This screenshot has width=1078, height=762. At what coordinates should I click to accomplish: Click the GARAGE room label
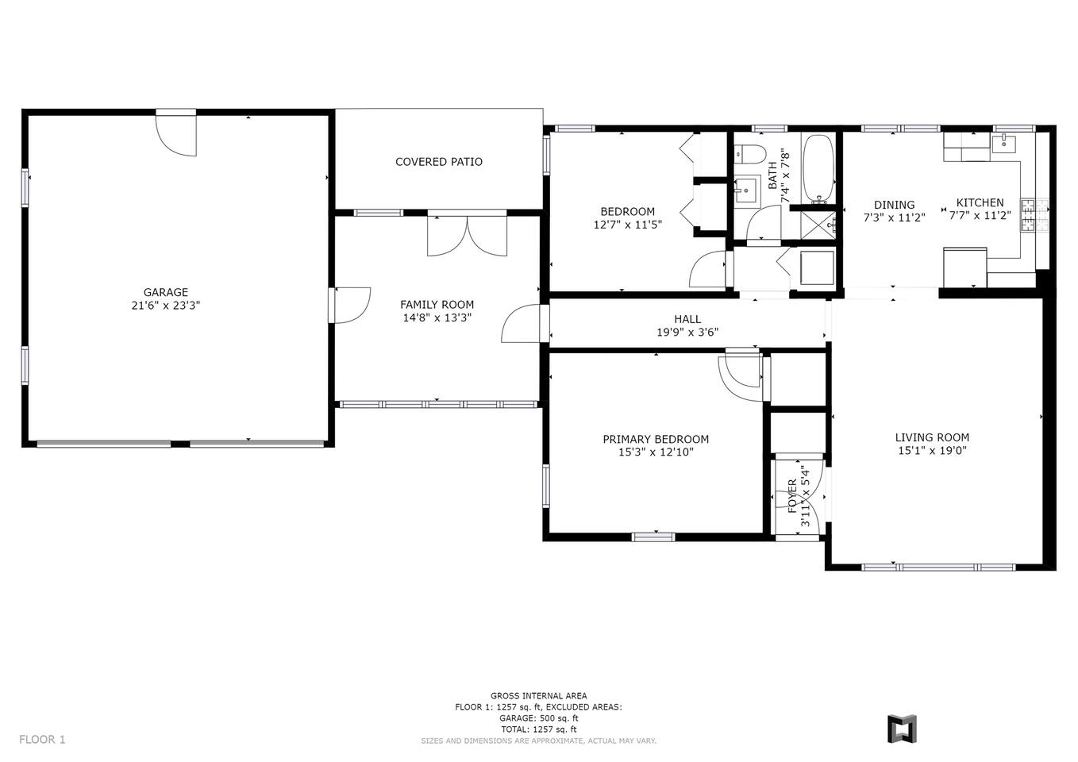click(x=166, y=292)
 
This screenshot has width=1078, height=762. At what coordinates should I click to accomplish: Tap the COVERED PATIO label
click(x=439, y=162)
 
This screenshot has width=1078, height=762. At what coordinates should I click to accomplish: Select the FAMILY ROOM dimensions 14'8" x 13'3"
click(x=437, y=317)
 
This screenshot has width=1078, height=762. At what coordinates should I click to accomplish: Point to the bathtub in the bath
click(x=818, y=168)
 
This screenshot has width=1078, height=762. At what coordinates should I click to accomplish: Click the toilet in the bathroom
click(x=750, y=153)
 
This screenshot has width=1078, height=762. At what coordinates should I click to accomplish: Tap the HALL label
click(x=687, y=319)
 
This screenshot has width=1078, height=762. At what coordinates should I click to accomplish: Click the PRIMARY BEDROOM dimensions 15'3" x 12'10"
click(x=656, y=452)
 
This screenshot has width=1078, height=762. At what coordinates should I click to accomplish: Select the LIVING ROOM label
click(x=932, y=437)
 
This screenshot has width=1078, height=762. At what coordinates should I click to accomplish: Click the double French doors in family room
click(x=467, y=235)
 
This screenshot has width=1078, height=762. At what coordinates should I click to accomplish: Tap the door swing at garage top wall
click(x=176, y=135)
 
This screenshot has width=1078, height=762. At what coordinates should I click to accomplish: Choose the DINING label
click(x=894, y=205)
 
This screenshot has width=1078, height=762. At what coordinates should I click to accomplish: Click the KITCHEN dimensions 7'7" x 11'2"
click(x=980, y=215)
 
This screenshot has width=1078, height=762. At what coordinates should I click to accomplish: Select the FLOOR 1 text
click(x=42, y=740)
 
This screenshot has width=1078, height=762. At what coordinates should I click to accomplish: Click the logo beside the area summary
click(x=902, y=729)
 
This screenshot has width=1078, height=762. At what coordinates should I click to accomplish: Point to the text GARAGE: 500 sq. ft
click(x=538, y=718)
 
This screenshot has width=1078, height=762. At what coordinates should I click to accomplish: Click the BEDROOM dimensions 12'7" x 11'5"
click(x=628, y=224)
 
